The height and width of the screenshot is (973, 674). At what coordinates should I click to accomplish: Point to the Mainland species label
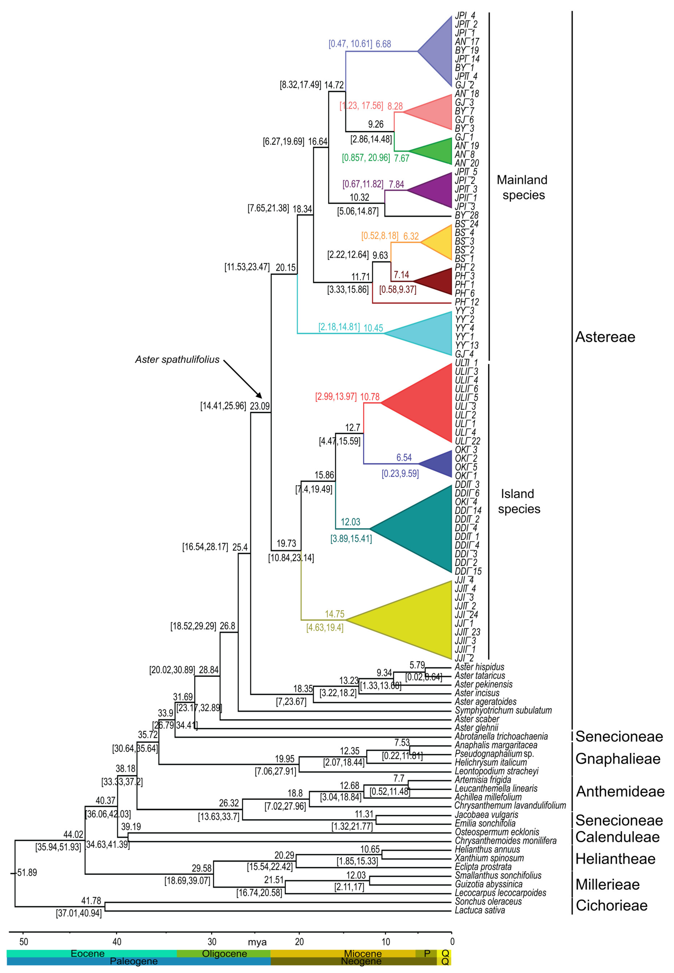[522, 187]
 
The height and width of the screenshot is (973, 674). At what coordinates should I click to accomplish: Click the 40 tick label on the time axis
[117, 942]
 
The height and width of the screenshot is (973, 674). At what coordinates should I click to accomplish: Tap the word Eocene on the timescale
[87, 954]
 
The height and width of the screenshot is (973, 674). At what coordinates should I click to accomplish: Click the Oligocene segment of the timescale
[224, 954]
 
